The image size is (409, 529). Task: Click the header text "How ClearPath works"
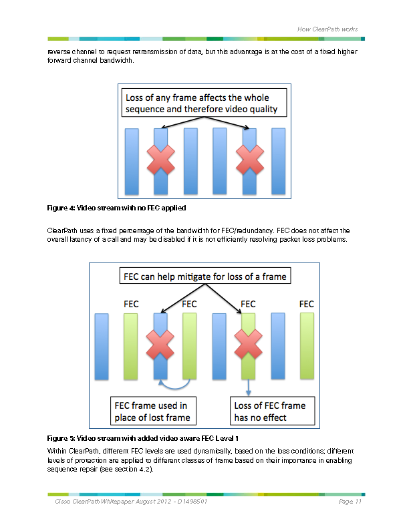327,29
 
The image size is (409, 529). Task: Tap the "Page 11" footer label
350,502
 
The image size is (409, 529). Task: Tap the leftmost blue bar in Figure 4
132,162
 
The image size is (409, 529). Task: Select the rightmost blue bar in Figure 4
279,162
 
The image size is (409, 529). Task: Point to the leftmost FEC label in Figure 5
132,304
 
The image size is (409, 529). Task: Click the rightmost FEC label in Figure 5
307,304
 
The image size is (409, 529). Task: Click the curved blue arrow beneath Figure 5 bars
174,385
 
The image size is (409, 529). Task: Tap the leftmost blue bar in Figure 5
102,346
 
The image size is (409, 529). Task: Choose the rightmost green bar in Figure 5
307,346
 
